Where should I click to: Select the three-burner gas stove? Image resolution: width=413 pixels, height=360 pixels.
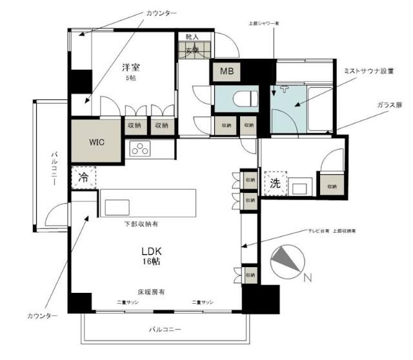click(140, 148)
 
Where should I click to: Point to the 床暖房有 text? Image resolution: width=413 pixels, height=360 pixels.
click(152, 292)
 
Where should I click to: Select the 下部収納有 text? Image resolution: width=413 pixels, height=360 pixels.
click(141, 224)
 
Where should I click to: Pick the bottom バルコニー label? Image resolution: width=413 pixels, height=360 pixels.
click(165, 329)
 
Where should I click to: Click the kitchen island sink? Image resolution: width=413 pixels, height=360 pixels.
click(117, 207)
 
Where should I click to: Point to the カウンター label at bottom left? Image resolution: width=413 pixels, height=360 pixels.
click(42, 316)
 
